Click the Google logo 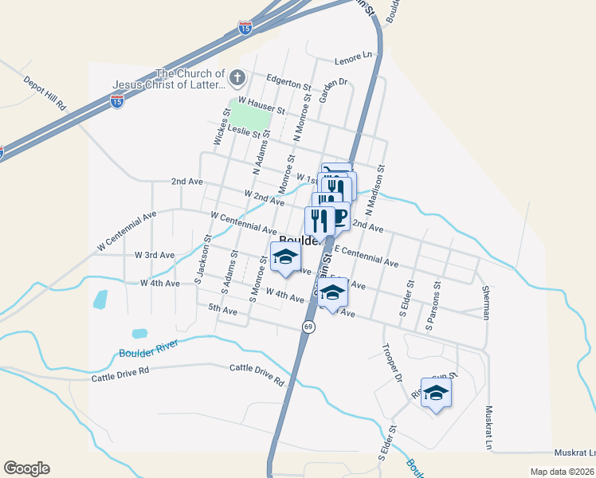[26, 468]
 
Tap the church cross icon [237, 78]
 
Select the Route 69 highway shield [308, 327]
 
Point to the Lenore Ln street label [354, 57]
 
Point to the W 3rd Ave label [155, 255]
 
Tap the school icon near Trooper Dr [436, 393]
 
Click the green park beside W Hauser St [249, 114]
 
